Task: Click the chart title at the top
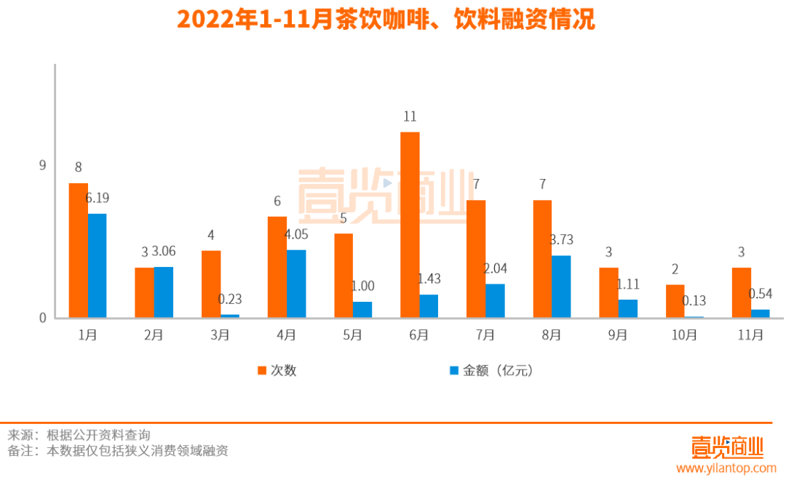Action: pos(386,20)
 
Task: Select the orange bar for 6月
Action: pos(410,225)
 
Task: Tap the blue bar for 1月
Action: pos(97,265)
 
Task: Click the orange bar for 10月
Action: pos(675,301)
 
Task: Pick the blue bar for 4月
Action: pos(296,284)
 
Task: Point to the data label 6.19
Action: pos(97,198)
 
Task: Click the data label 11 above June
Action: pos(410,116)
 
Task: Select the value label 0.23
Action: pos(230,299)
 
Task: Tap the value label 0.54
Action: pos(761,293)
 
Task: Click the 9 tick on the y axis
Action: pos(42,165)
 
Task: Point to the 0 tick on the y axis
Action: pos(42,318)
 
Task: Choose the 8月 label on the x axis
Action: pos(552,335)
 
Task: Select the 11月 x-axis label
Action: pos(750,335)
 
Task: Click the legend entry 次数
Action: pos(277,370)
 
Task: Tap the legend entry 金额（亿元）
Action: pos(491,370)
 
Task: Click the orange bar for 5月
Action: pos(344,276)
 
